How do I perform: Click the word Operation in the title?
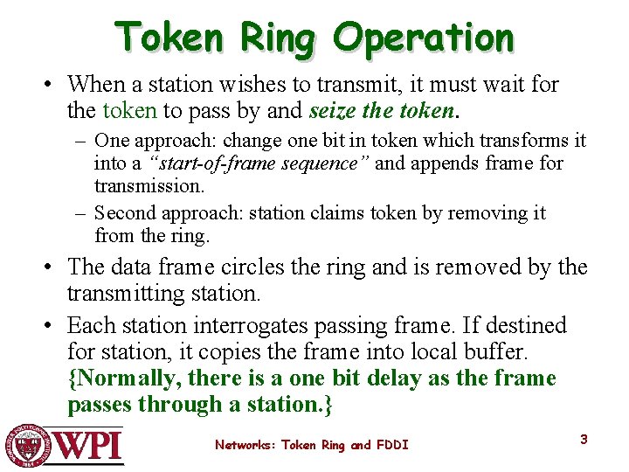[425, 37]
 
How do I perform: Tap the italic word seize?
[330, 111]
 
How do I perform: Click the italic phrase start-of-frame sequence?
[260, 163]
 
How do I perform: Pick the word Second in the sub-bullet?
[123, 213]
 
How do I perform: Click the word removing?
[492, 213]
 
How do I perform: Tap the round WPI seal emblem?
[27, 445]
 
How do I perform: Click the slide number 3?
[584, 439]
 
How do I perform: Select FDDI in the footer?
[392, 445]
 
